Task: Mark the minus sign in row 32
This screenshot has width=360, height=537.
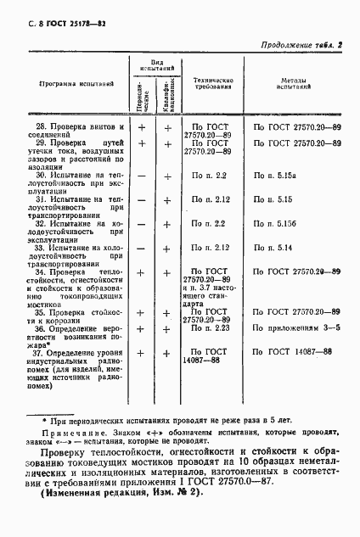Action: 143,223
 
